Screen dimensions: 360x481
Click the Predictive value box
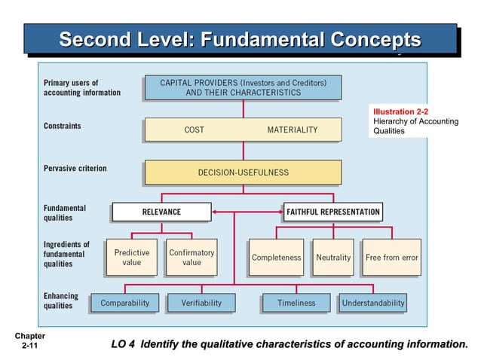(132, 258)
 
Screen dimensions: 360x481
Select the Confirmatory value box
(191, 258)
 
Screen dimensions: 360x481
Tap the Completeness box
(276, 258)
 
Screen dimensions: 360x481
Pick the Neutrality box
(333, 258)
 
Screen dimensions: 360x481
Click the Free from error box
(391, 258)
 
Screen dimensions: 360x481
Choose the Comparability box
(125, 303)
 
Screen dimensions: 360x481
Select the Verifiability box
(201, 303)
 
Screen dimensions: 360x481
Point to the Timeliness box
(296, 303)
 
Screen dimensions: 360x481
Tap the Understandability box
(372, 303)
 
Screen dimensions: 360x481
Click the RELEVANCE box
(161, 212)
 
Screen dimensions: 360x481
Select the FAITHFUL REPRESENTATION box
(332, 212)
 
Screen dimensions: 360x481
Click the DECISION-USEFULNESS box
(243, 172)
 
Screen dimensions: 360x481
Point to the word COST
(194, 130)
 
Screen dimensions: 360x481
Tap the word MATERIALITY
(292, 130)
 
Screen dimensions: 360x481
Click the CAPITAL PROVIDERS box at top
(243, 87)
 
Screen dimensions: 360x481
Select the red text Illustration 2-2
(401, 112)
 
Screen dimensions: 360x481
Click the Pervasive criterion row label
(75, 168)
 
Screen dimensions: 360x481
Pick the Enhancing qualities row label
(60, 301)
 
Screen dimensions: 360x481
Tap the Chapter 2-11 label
(29, 340)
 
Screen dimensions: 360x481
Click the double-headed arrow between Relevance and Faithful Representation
(247, 212)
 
